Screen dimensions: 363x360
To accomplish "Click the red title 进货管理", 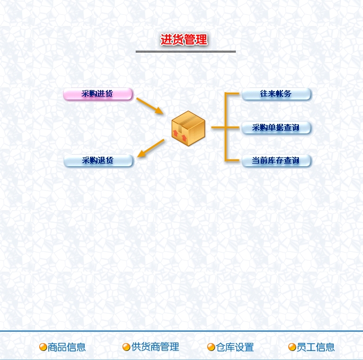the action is click(x=184, y=39).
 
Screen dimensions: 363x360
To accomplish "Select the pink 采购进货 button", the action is click(x=98, y=94).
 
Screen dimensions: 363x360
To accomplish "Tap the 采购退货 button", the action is click(x=98, y=160).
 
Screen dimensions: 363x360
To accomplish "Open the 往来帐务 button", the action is click(x=276, y=94).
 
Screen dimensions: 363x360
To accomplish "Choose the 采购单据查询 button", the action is click(x=276, y=128).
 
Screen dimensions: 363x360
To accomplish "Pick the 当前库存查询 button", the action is click(x=276, y=160).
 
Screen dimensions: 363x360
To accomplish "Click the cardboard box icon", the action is click(x=189, y=128).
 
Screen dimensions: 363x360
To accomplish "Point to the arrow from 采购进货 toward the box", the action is click(x=150, y=106).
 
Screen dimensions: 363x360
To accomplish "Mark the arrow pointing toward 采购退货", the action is click(x=150, y=148).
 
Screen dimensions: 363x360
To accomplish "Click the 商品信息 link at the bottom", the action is click(x=67, y=347).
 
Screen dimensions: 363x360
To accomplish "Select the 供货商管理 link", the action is click(x=155, y=347).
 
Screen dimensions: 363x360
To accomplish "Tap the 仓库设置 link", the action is click(x=235, y=347).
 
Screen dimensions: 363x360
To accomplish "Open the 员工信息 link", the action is click(x=315, y=347).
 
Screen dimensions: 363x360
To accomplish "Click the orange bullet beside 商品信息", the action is click(x=43, y=347).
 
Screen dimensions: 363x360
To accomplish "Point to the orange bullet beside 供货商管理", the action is click(x=126, y=347).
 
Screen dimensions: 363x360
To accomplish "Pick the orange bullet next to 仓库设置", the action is click(x=211, y=347).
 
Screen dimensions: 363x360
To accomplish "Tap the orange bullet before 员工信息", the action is click(x=292, y=347).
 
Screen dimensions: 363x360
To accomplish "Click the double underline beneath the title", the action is click(x=185, y=51).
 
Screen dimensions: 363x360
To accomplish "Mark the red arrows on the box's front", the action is click(x=180, y=136).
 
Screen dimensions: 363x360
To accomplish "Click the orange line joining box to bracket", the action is click(x=218, y=127).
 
